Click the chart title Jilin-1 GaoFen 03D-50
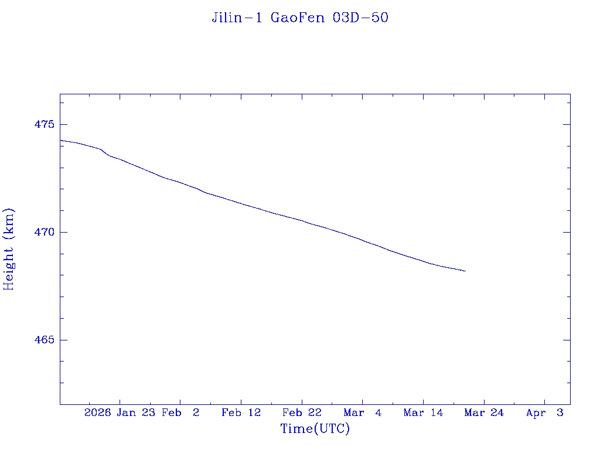tap(300, 18)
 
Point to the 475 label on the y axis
tap(43, 125)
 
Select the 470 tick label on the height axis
tap(43, 233)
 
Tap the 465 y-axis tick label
tap(43, 340)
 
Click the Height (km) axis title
tap(9, 249)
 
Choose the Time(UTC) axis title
tap(315, 429)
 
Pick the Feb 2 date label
tap(180, 413)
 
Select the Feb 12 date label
tap(241, 413)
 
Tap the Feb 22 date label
tap(302, 413)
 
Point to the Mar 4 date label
tap(363, 413)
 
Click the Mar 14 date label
tap(424, 413)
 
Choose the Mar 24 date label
tap(485, 413)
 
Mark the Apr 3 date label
tap(545, 413)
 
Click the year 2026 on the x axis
tap(98, 413)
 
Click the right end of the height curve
tap(465, 271)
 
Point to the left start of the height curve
tap(60, 140)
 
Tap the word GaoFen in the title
tap(298, 18)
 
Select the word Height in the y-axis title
tap(9, 265)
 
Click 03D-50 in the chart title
tap(360, 18)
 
